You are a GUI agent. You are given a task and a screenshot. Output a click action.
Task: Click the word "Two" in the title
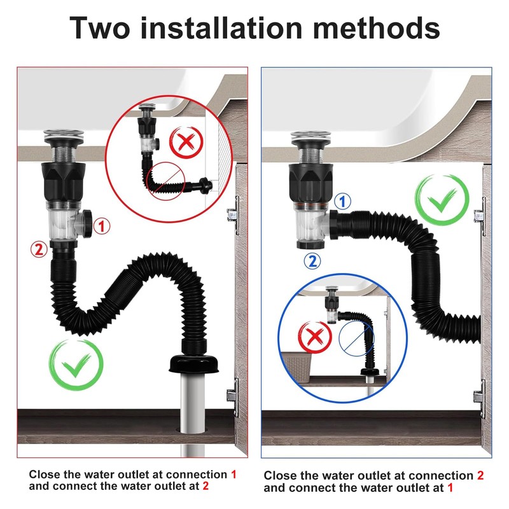99,28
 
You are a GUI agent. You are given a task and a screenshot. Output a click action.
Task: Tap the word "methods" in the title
376,27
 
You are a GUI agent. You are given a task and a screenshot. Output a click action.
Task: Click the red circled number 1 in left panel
102,227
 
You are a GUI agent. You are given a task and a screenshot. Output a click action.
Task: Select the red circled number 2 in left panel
39,249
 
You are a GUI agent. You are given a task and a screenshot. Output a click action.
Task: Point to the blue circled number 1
342,201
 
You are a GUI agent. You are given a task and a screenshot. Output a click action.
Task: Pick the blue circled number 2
312,261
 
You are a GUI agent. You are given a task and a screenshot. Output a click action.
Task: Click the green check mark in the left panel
76,365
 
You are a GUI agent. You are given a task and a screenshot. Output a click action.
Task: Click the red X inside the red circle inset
186,142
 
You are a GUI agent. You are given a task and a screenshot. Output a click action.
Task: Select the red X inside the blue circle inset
315,337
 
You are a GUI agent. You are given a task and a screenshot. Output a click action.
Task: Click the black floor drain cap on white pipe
193,364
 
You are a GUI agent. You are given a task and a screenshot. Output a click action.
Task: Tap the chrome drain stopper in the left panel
64,136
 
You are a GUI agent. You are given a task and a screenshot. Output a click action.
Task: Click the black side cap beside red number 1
87,224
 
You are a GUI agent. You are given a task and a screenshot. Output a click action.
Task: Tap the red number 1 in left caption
234,474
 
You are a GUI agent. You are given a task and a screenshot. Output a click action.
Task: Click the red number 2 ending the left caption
206,486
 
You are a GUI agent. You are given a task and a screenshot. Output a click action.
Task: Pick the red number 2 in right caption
480,475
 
